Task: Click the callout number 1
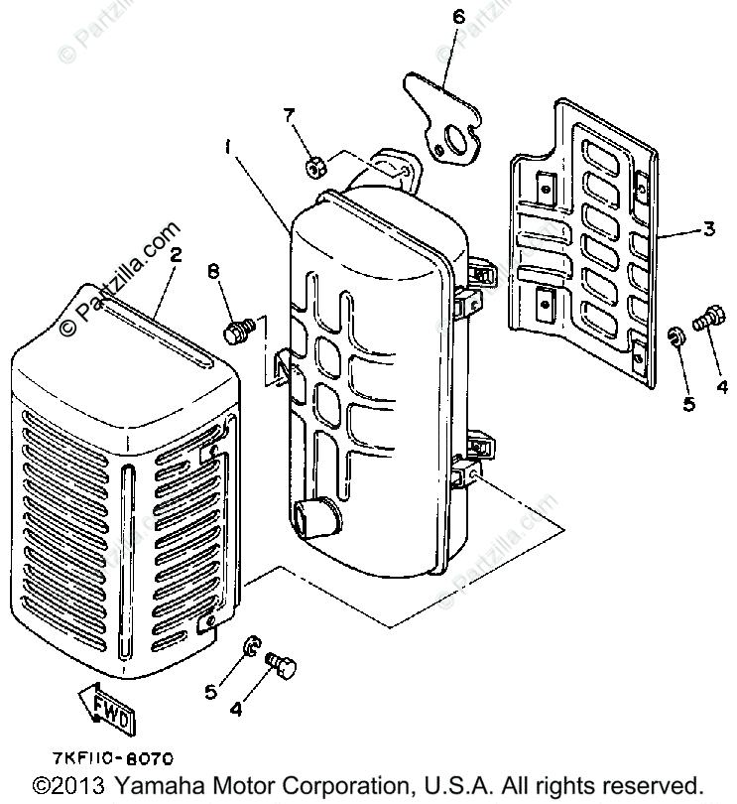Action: click(228, 147)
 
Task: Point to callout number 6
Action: click(458, 16)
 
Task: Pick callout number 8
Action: click(212, 271)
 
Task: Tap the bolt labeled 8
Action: click(236, 331)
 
